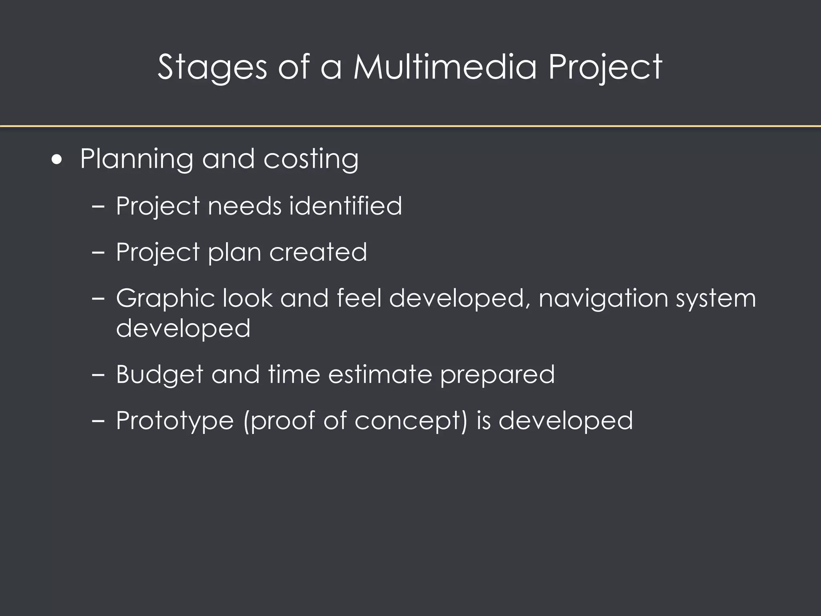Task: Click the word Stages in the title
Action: [x=212, y=67]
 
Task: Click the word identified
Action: [x=345, y=206]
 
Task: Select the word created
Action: [x=318, y=252]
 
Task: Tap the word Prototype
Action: [x=175, y=421]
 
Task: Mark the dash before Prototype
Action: [x=98, y=421]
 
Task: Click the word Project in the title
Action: [x=605, y=67]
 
